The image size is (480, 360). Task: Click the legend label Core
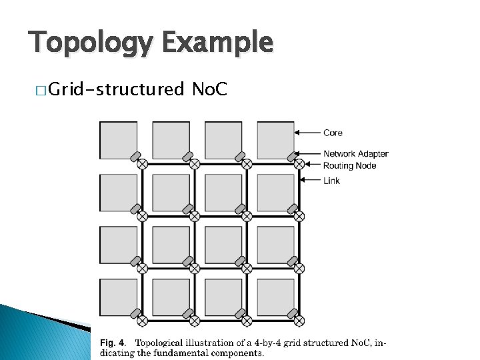[333, 133]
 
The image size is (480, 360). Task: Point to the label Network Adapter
[355, 154]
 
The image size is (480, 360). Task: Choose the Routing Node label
[349, 165]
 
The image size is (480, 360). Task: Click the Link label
[331, 181]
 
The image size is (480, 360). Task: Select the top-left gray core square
[118, 140]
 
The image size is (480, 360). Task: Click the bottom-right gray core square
[275, 297]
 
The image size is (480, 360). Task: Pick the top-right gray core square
[275, 140]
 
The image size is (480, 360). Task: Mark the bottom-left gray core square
[118, 297]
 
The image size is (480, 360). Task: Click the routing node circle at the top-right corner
[299, 164]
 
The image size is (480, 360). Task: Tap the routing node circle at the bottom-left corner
[142, 321]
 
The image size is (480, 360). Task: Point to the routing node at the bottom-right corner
[299, 321]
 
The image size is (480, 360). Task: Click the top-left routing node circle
[142, 164]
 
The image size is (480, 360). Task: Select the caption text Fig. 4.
[111, 343]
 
